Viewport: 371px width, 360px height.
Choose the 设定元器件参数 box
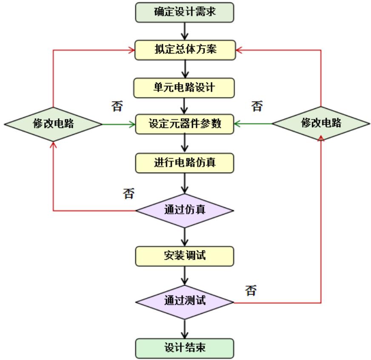(185, 125)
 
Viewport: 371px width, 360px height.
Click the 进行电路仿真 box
(185, 162)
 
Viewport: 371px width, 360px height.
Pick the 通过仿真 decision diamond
(185, 210)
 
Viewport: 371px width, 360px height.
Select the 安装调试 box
(185, 256)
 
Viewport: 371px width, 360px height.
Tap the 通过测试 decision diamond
(185, 303)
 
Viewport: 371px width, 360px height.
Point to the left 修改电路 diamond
(53, 125)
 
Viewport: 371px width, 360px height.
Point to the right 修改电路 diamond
(321, 125)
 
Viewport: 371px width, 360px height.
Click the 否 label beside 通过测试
(251, 290)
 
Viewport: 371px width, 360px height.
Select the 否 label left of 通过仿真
(128, 194)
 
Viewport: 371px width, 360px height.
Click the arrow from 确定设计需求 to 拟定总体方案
(185, 31)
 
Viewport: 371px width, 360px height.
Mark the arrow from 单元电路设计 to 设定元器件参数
(185, 105)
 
